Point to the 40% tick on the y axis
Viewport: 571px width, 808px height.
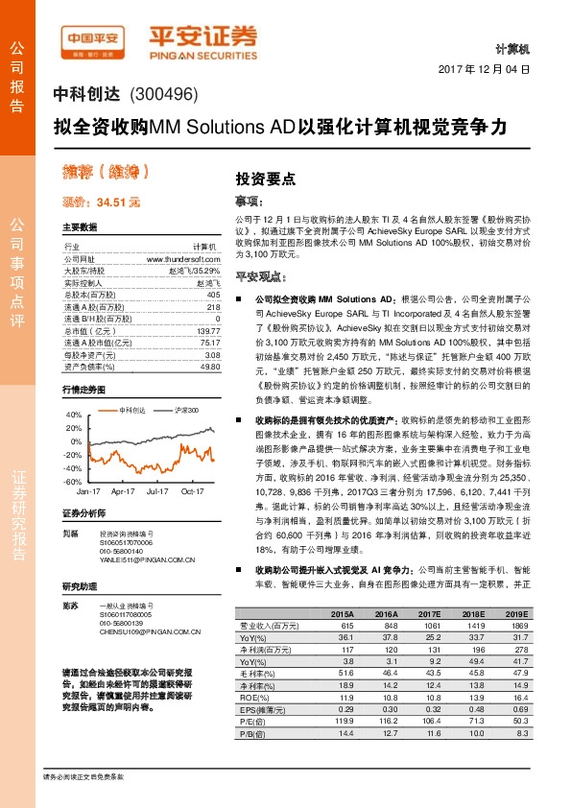point(74,416)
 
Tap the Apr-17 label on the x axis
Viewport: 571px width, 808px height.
point(122,489)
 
